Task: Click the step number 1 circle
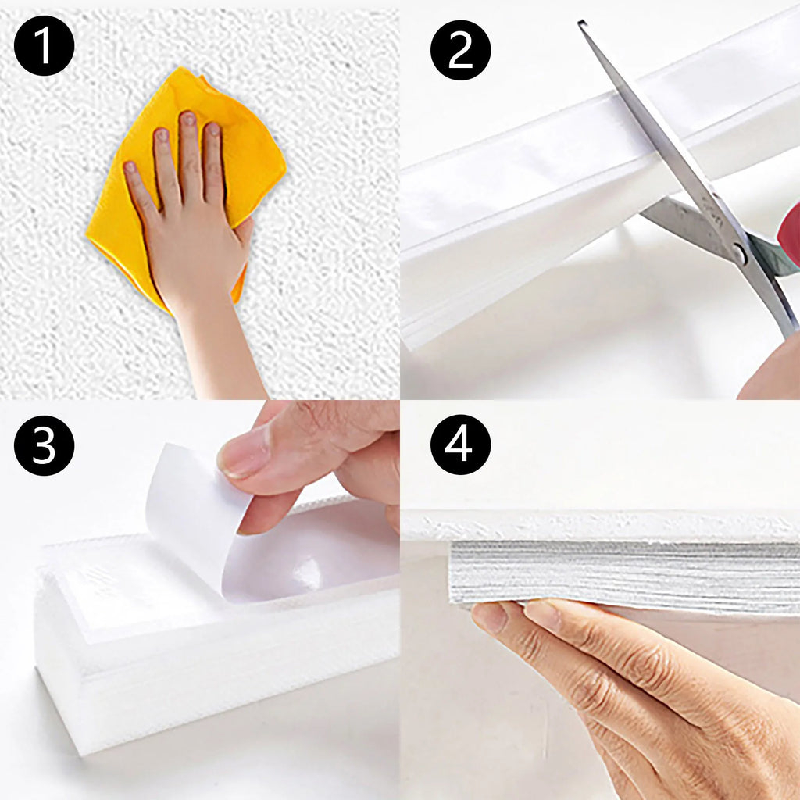coord(44,45)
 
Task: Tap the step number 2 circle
coord(460,50)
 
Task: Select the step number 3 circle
coord(44,445)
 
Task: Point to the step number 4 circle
coord(460,445)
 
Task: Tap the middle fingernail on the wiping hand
coord(188,119)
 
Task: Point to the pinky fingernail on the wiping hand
coord(130,167)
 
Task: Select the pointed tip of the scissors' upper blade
coord(580,22)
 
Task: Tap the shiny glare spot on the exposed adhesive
coord(306,571)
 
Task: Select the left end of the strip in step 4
coord(451,571)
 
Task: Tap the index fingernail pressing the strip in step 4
coord(489,616)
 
